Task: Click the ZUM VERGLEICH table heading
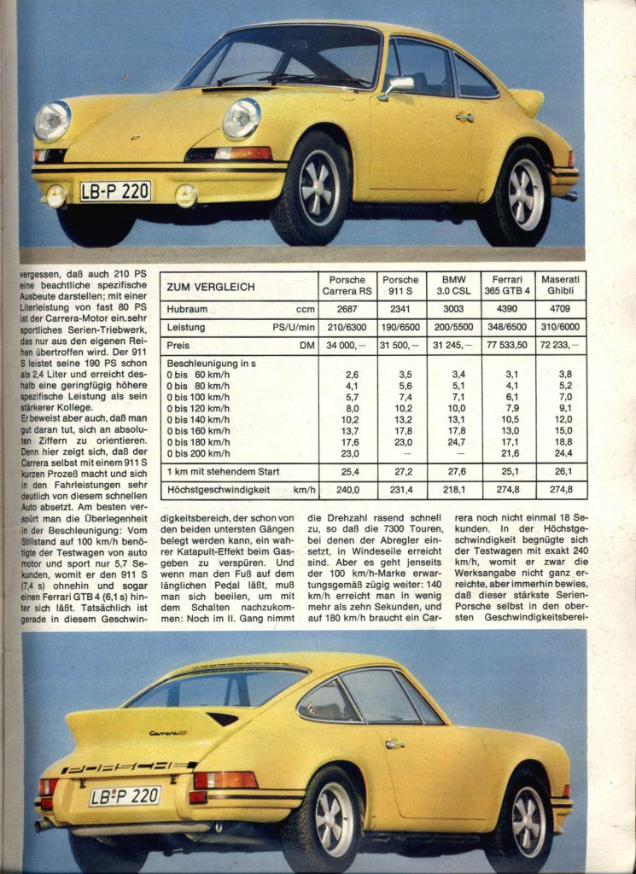coord(210,287)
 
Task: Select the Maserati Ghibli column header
coord(560,285)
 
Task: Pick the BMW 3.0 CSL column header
coord(453,285)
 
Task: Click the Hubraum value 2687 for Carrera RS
coord(347,310)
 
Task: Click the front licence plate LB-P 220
coord(114,191)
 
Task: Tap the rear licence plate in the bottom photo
coord(125,795)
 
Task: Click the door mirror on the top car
coord(399,85)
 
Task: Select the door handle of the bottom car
coord(394,744)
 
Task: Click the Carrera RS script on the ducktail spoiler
coord(168,732)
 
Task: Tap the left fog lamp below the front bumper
coord(57,195)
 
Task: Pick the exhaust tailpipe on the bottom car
coord(43,825)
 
